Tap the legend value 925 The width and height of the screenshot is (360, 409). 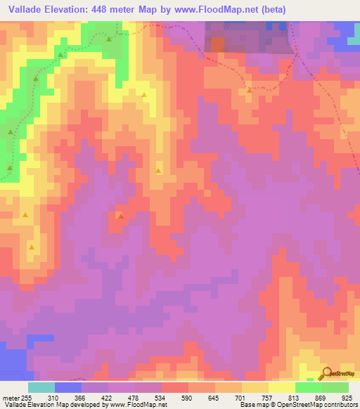click(345, 397)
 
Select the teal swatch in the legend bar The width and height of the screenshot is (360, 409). click(41, 387)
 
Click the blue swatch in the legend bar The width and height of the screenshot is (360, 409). click(68, 387)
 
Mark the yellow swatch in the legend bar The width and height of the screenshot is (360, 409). click(282, 387)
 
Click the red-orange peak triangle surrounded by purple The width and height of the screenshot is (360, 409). click(121, 216)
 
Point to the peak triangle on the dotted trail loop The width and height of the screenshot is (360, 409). click(249, 91)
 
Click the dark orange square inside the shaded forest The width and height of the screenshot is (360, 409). click(217, 44)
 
